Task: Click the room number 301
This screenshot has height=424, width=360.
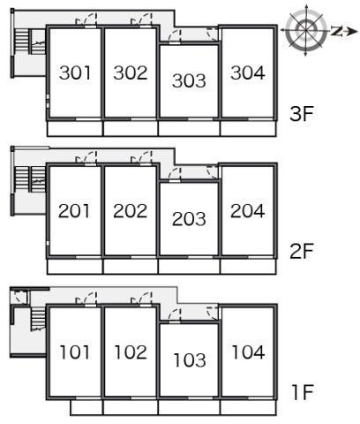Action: point(75,72)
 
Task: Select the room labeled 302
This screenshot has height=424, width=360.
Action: point(131,72)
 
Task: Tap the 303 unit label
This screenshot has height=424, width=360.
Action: point(189,80)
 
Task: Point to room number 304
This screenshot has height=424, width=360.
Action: point(248,72)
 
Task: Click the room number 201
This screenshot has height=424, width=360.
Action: point(74,211)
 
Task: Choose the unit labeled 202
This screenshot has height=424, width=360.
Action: point(130,211)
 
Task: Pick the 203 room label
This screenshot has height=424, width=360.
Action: point(189,219)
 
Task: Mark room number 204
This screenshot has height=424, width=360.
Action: point(248,211)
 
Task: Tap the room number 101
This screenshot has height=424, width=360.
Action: point(75,352)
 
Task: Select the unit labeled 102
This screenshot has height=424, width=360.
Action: point(131,352)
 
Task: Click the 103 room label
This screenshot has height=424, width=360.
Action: point(190,360)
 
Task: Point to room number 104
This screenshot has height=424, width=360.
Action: point(248,352)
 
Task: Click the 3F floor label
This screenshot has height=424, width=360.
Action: point(302,114)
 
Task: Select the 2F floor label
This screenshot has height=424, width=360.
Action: point(302,251)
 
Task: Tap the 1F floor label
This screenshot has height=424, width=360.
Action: point(303,392)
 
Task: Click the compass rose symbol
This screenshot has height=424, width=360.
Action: point(306,30)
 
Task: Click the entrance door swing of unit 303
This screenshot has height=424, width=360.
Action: point(175,36)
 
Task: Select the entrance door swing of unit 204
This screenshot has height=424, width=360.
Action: point(213,172)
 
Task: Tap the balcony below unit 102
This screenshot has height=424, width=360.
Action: point(131,407)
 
